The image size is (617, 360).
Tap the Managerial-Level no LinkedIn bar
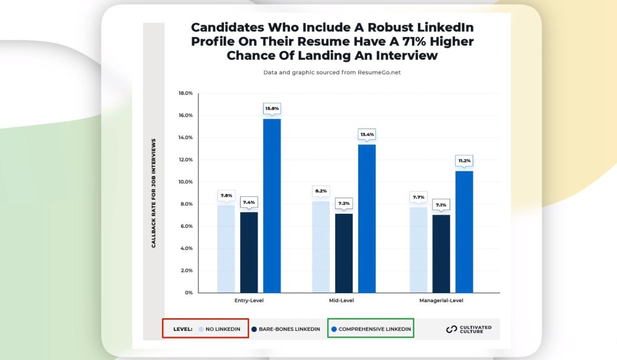(x=419, y=250)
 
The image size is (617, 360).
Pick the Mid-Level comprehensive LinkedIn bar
(x=367, y=218)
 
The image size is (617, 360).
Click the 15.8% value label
(x=272, y=109)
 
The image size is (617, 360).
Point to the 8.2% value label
(x=321, y=191)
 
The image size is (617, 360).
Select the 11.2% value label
(x=464, y=161)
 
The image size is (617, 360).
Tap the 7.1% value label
(x=441, y=205)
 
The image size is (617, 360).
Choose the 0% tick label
(x=188, y=293)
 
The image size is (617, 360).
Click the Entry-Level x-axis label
(x=249, y=301)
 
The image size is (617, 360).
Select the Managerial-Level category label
(x=441, y=301)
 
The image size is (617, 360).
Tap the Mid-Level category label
(x=344, y=301)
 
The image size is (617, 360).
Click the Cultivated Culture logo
(x=469, y=329)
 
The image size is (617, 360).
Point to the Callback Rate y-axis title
(x=154, y=193)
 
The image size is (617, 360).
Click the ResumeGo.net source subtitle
(x=332, y=72)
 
